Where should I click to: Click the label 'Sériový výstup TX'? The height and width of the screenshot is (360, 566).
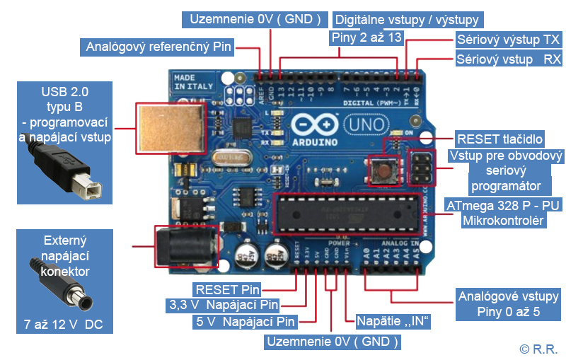(507, 39)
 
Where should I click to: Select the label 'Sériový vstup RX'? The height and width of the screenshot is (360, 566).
(507, 59)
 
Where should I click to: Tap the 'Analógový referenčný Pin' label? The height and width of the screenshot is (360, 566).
(158, 47)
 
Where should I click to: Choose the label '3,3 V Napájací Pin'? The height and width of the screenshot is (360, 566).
(223, 306)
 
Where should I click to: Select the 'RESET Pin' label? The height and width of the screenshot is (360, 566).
(227, 289)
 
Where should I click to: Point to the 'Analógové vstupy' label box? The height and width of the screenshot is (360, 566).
(508, 304)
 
